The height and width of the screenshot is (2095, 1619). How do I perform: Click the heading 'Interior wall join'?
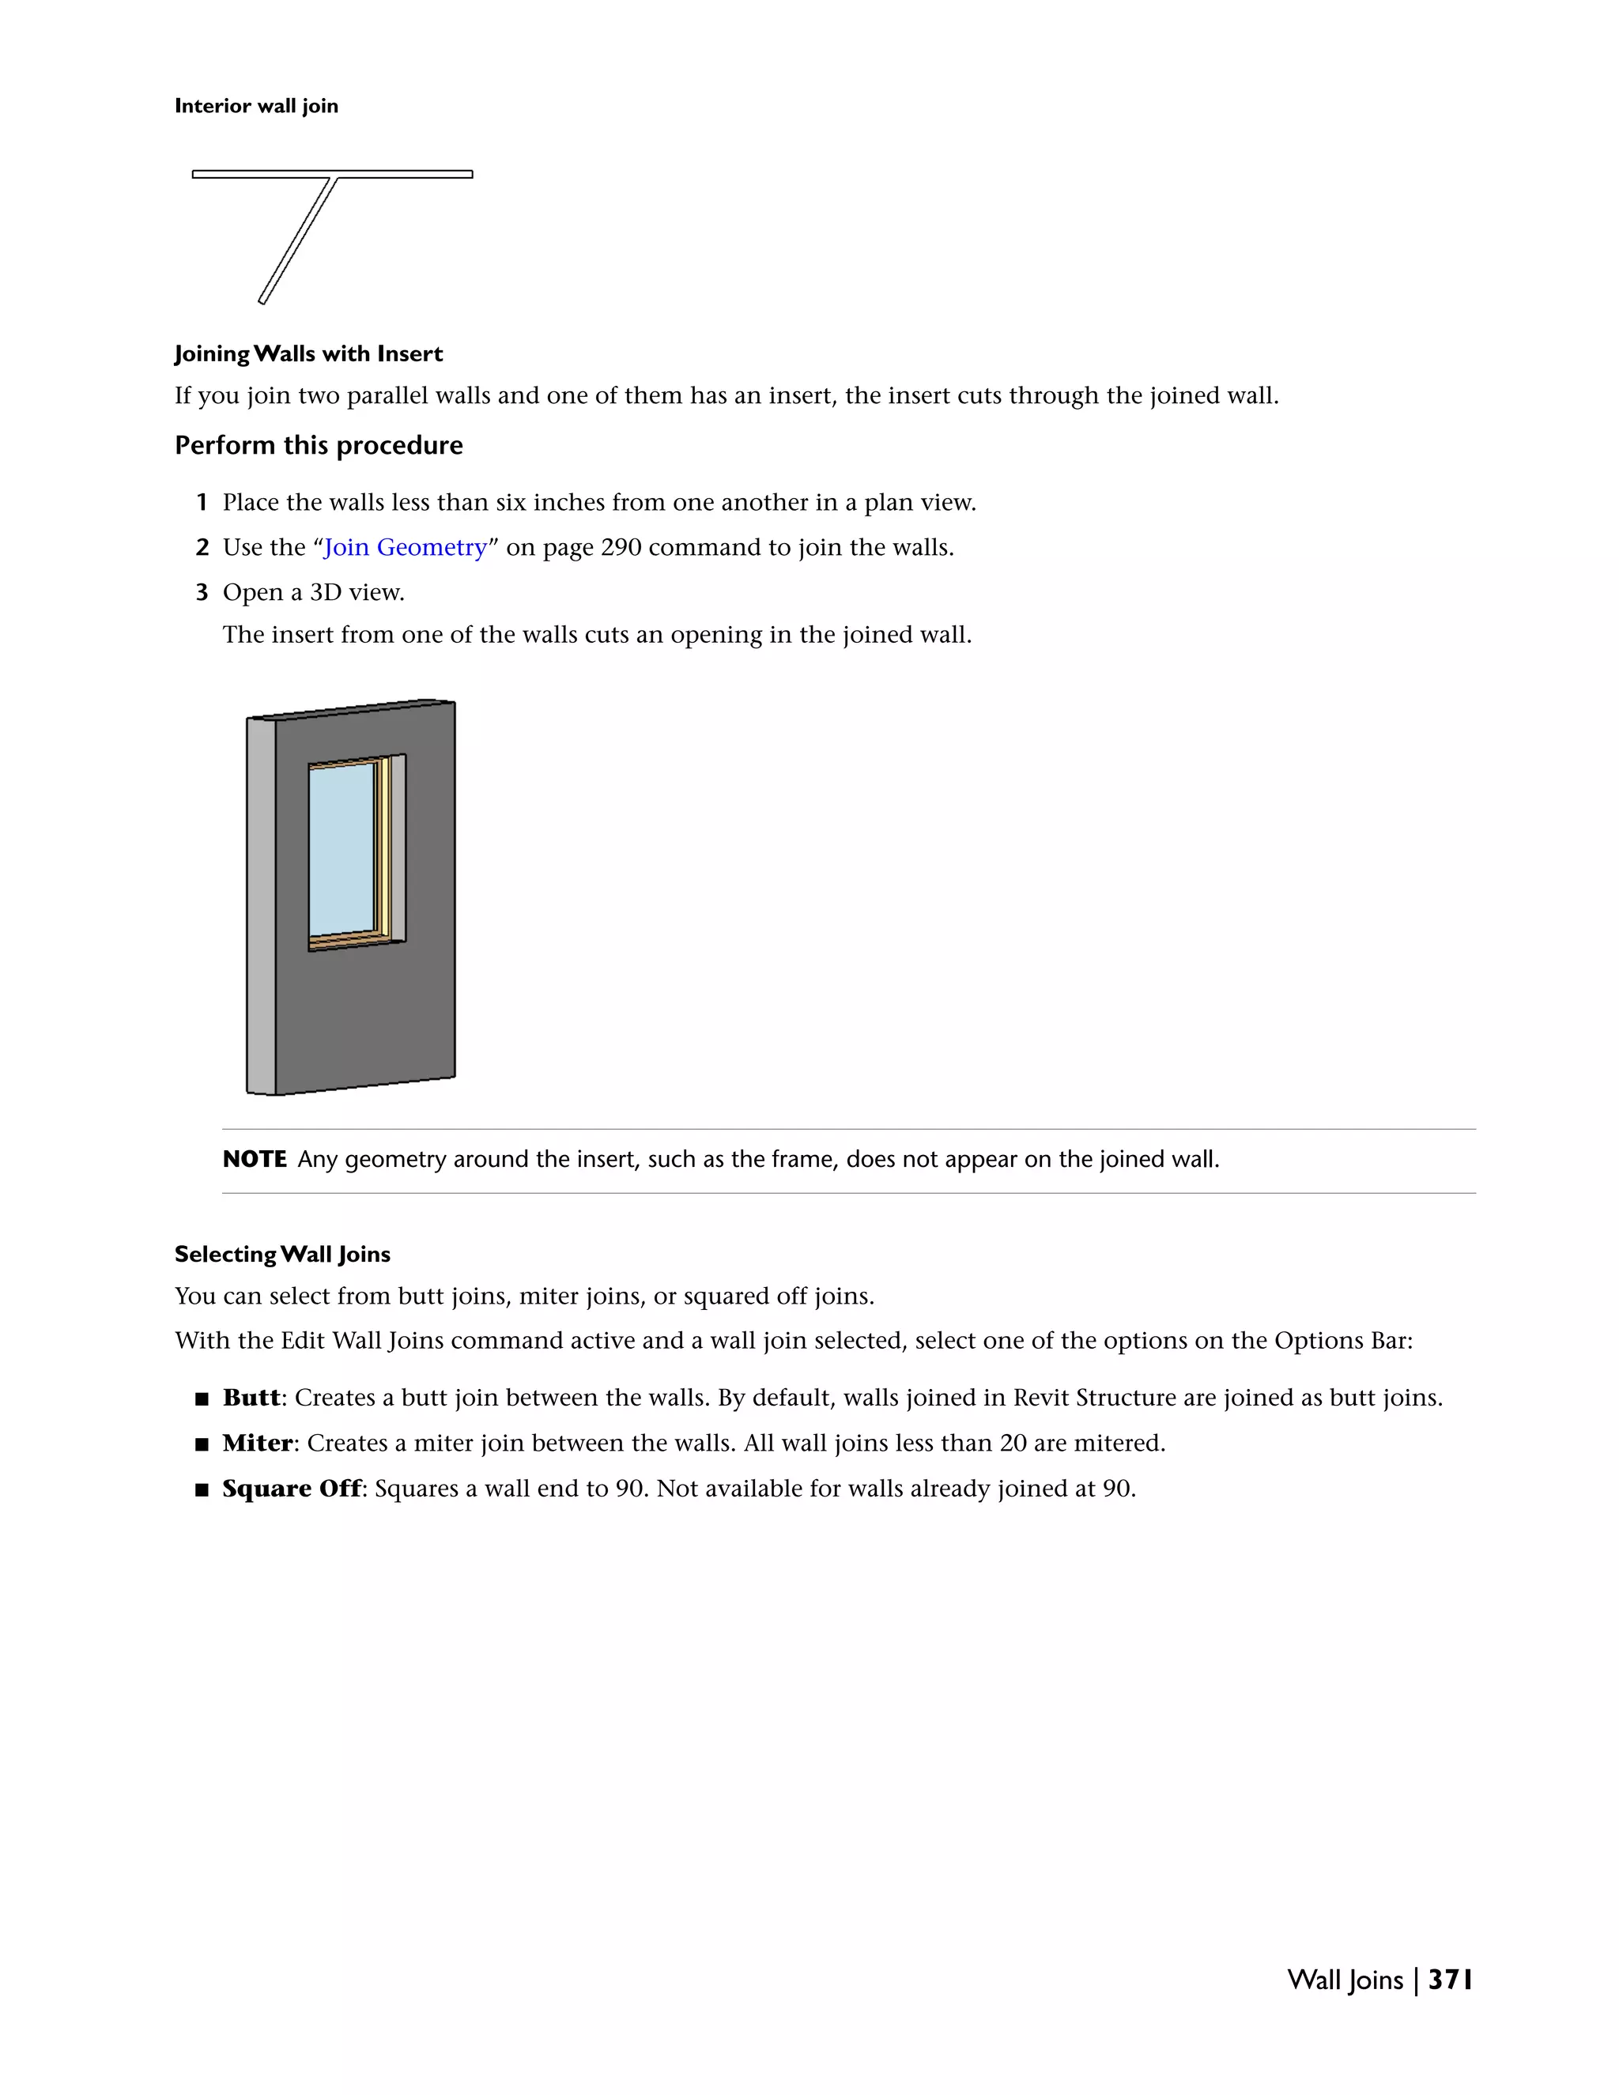[256, 105]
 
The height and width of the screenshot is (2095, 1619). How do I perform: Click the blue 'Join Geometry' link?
[405, 547]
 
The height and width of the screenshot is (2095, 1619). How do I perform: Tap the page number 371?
[1449, 1979]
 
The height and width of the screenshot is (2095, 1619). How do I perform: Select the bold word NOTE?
[255, 1159]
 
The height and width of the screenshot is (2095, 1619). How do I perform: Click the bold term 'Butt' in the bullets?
[251, 1398]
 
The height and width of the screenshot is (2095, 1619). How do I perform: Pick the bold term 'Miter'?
[257, 1443]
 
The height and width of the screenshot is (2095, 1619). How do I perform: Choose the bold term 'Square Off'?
[292, 1488]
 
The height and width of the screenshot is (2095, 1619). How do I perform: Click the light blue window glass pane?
[341, 847]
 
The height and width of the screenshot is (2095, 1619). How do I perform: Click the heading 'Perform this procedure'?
[319, 445]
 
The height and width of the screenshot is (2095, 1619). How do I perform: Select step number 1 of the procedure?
[202, 503]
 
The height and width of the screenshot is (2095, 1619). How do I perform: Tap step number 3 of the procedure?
[202, 593]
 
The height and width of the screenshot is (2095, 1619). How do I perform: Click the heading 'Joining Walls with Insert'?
[308, 354]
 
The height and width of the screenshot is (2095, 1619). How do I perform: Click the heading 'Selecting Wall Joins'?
[282, 1255]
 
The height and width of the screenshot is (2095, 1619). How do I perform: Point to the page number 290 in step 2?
[621, 547]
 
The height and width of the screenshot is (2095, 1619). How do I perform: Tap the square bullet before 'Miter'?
[202, 1444]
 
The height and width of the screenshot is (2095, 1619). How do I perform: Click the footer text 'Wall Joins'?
[1345, 1979]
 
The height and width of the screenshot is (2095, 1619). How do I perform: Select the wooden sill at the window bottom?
[350, 943]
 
